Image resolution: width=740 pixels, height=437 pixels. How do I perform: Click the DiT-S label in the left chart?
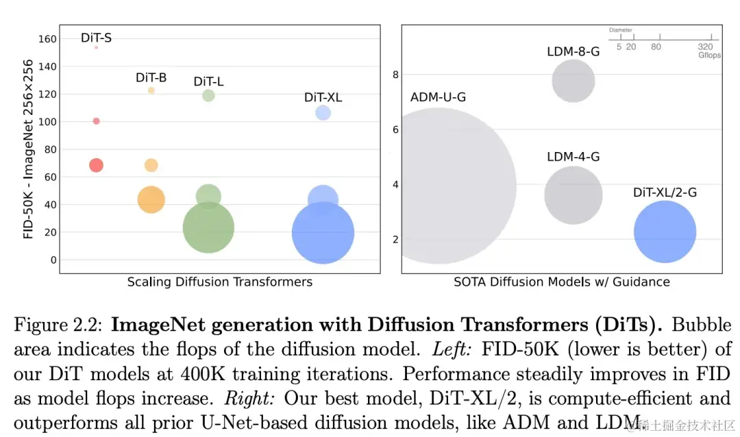96,38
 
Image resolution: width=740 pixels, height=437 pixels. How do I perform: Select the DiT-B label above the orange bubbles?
151,77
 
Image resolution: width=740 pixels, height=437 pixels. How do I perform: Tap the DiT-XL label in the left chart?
323,97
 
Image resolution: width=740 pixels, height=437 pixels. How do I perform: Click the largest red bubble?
96,165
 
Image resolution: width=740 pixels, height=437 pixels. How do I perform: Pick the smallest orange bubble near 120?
151,90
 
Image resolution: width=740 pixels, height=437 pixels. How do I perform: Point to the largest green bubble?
208,227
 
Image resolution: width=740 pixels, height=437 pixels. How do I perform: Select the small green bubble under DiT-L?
208,95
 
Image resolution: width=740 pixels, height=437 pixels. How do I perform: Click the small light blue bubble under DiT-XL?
323,113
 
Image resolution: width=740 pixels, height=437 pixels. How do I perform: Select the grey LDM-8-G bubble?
573,81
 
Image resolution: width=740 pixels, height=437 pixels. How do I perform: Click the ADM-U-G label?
438,97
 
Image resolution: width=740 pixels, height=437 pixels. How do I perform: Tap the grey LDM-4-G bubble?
573,195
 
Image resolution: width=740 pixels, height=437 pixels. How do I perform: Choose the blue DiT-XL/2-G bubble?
665,232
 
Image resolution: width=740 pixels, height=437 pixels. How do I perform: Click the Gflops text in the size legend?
709,55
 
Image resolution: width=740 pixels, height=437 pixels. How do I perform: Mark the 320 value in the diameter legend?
705,47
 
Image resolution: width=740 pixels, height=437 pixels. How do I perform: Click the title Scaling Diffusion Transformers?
220,282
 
